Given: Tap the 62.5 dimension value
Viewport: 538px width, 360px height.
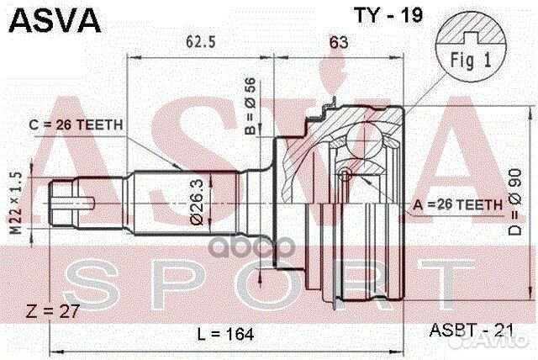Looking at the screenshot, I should click(199, 40).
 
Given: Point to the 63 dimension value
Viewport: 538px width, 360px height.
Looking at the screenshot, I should click(338, 40).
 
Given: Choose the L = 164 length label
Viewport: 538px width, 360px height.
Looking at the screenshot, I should click(224, 334).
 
